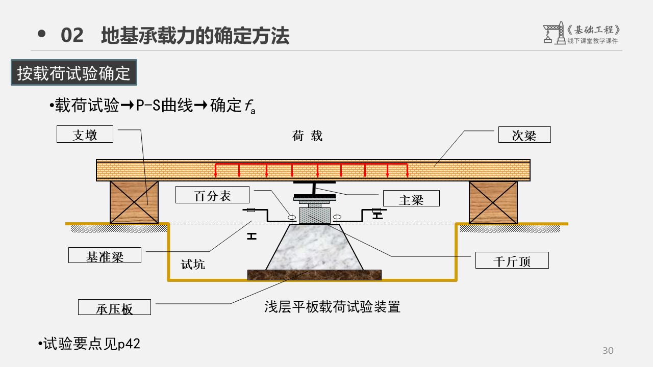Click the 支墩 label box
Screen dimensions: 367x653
[x=85, y=135]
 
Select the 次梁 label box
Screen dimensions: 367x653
[x=524, y=135]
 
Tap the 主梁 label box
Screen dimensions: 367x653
[x=411, y=198]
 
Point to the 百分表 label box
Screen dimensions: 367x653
[x=212, y=195]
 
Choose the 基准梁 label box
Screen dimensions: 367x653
[x=105, y=255]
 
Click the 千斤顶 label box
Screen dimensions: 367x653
[x=512, y=260]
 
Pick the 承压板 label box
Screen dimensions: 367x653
[x=114, y=307]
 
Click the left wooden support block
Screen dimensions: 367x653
[x=134, y=202]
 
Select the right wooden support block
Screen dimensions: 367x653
[x=493, y=202]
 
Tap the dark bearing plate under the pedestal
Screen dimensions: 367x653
[x=314, y=275]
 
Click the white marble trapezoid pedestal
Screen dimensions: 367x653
[x=314, y=249]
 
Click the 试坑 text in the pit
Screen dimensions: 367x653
[x=193, y=265]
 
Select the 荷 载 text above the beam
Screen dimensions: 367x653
[x=307, y=136]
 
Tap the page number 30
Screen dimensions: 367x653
[x=608, y=351]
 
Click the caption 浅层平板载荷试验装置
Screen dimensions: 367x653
[x=332, y=306]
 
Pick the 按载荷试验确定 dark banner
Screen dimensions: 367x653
[x=74, y=73]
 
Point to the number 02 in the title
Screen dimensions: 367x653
[x=72, y=36]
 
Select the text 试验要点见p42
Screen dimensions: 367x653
[x=90, y=344]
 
